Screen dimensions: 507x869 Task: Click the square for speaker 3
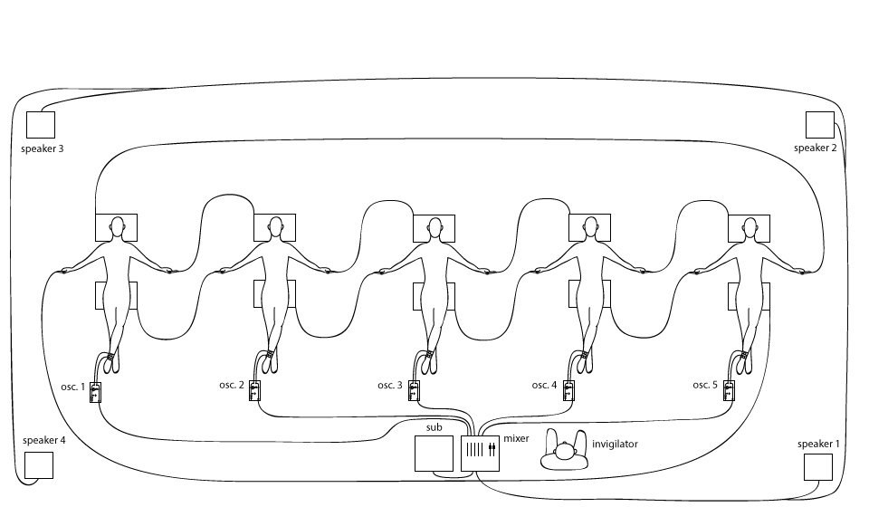point(41,125)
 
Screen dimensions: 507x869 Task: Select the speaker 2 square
point(819,125)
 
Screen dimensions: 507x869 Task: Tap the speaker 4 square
point(39,465)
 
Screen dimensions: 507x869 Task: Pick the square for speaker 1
point(817,466)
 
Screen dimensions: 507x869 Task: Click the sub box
point(433,454)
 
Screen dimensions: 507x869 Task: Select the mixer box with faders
point(480,453)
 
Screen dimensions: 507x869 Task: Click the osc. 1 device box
point(95,392)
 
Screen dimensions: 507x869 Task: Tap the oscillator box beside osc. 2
point(255,392)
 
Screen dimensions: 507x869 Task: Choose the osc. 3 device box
point(414,392)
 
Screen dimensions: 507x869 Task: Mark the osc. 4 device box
point(568,392)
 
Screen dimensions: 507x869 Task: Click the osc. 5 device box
point(728,392)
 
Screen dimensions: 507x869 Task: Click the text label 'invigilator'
point(615,445)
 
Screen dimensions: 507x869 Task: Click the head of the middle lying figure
point(434,225)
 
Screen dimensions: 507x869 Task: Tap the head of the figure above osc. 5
point(749,225)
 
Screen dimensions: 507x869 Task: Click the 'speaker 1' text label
point(818,444)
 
